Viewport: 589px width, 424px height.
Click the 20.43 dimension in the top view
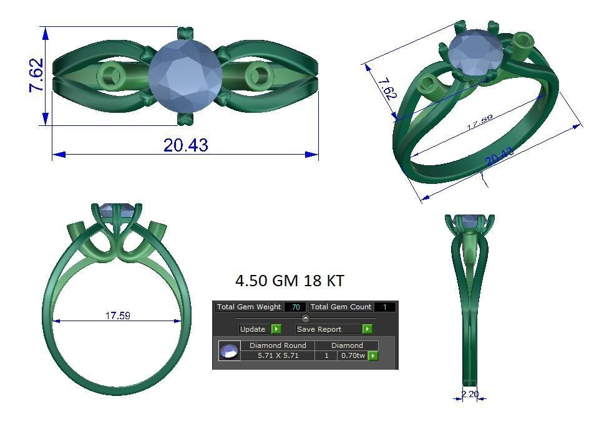(x=185, y=145)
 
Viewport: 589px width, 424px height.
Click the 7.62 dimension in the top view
(x=36, y=75)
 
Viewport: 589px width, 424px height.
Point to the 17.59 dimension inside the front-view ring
(x=117, y=316)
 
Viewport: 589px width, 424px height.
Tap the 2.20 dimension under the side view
(x=470, y=394)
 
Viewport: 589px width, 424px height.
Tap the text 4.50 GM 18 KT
(x=289, y=281)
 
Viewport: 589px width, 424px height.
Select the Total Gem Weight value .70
(x=294, y=307)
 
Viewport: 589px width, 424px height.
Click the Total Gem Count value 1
(x=384, y=307)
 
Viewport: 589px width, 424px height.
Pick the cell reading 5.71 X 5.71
(x=278, y=355)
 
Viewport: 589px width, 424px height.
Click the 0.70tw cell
(x=353, y=355)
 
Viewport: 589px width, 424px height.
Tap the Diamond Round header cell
(x=278, y=345)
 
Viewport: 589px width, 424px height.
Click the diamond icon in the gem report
(x=229, y=351)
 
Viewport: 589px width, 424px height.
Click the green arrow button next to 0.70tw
(x=373, y=355)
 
